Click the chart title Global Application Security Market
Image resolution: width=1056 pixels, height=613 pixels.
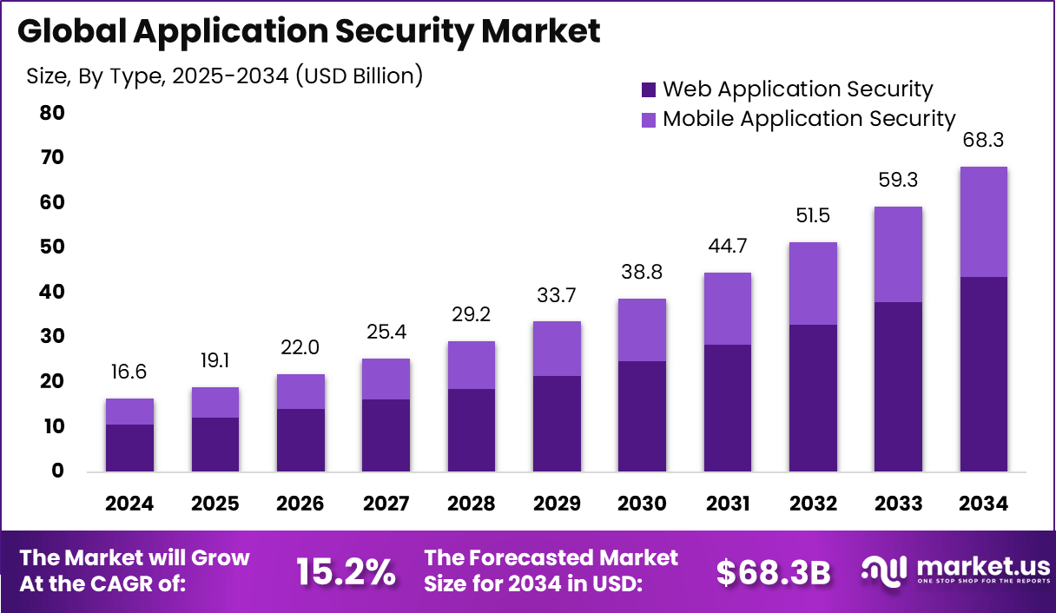(308, 31)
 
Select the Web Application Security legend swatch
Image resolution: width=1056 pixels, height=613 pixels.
(649, 89)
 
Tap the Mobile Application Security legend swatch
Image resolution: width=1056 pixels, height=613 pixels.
(649, 119)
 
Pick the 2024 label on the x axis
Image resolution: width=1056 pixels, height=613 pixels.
(129, 504)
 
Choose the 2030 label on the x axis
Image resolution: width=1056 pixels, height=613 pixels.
(642, 504)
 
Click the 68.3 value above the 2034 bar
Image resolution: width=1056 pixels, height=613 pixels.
(983, 140)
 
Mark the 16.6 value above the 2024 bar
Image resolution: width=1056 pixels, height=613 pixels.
(129, 372)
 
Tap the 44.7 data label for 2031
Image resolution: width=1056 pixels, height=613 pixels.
(727, 246)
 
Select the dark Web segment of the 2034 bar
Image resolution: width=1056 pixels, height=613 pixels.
(983, 373)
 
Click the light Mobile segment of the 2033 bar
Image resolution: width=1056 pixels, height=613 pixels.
(898, 254)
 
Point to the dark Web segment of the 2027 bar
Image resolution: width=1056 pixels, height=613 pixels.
(386, 435)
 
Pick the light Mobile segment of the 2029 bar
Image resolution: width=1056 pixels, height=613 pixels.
(557, 348)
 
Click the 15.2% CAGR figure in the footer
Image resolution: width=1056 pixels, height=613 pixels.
(346, 570)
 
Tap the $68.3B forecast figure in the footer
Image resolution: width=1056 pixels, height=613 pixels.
(773, 570)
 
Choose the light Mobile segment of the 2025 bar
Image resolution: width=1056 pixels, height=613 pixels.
(214, 403)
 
